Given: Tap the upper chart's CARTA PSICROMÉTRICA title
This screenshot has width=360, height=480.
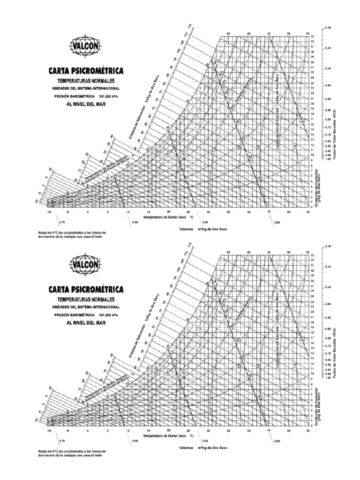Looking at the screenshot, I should point(86,71).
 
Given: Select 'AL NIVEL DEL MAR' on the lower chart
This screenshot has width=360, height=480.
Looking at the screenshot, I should point(86,322).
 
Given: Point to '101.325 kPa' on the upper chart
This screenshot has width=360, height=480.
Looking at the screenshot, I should point(106,96).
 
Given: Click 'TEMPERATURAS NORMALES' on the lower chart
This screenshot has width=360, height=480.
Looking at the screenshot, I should point(86,298).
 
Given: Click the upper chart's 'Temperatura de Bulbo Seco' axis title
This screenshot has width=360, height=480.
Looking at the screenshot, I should point(165,217).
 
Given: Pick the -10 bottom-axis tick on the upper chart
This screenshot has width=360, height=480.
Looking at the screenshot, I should point(49,212).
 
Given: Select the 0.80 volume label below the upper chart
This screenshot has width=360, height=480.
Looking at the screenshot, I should point(135,222).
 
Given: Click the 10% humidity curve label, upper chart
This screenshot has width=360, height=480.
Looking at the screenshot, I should point(259,178).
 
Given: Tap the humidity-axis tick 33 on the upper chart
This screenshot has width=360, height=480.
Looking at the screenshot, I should point(312,36).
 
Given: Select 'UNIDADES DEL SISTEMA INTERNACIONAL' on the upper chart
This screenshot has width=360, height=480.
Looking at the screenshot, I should point(86,88).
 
